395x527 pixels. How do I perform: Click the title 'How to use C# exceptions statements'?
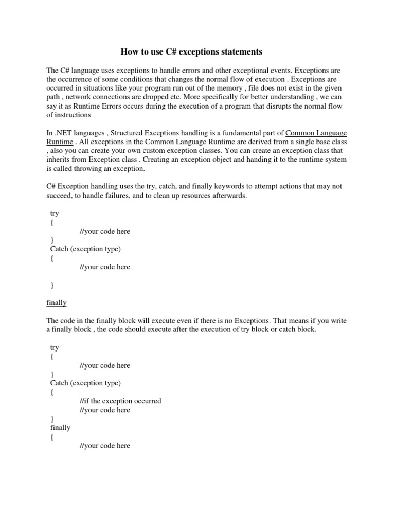(191, 52)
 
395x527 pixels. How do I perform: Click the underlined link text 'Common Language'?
(316, 133)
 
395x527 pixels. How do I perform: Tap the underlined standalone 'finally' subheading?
(57, 303)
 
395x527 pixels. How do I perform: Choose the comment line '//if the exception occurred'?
(121, 401)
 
